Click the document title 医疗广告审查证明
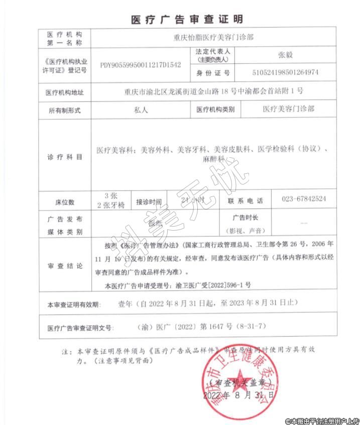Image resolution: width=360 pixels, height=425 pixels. click(187, 20)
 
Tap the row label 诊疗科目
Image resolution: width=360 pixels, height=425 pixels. click(64, 157)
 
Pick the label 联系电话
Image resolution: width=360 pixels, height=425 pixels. click(245, 200)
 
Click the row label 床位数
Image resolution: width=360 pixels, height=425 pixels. click(64, 202)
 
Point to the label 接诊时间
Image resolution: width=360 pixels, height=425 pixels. click(149, 202)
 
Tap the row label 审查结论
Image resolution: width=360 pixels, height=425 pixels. click(64, 266)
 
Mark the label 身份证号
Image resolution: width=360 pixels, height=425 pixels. click(212, 73)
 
